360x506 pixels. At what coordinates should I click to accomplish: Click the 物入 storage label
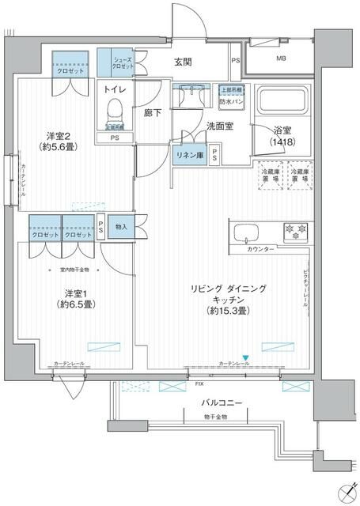click(x=121, y=225)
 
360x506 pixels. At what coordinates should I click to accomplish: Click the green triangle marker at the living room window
click(x=246, y=357)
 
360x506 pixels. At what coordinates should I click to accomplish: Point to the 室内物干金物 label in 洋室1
click(x=76, y=270)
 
